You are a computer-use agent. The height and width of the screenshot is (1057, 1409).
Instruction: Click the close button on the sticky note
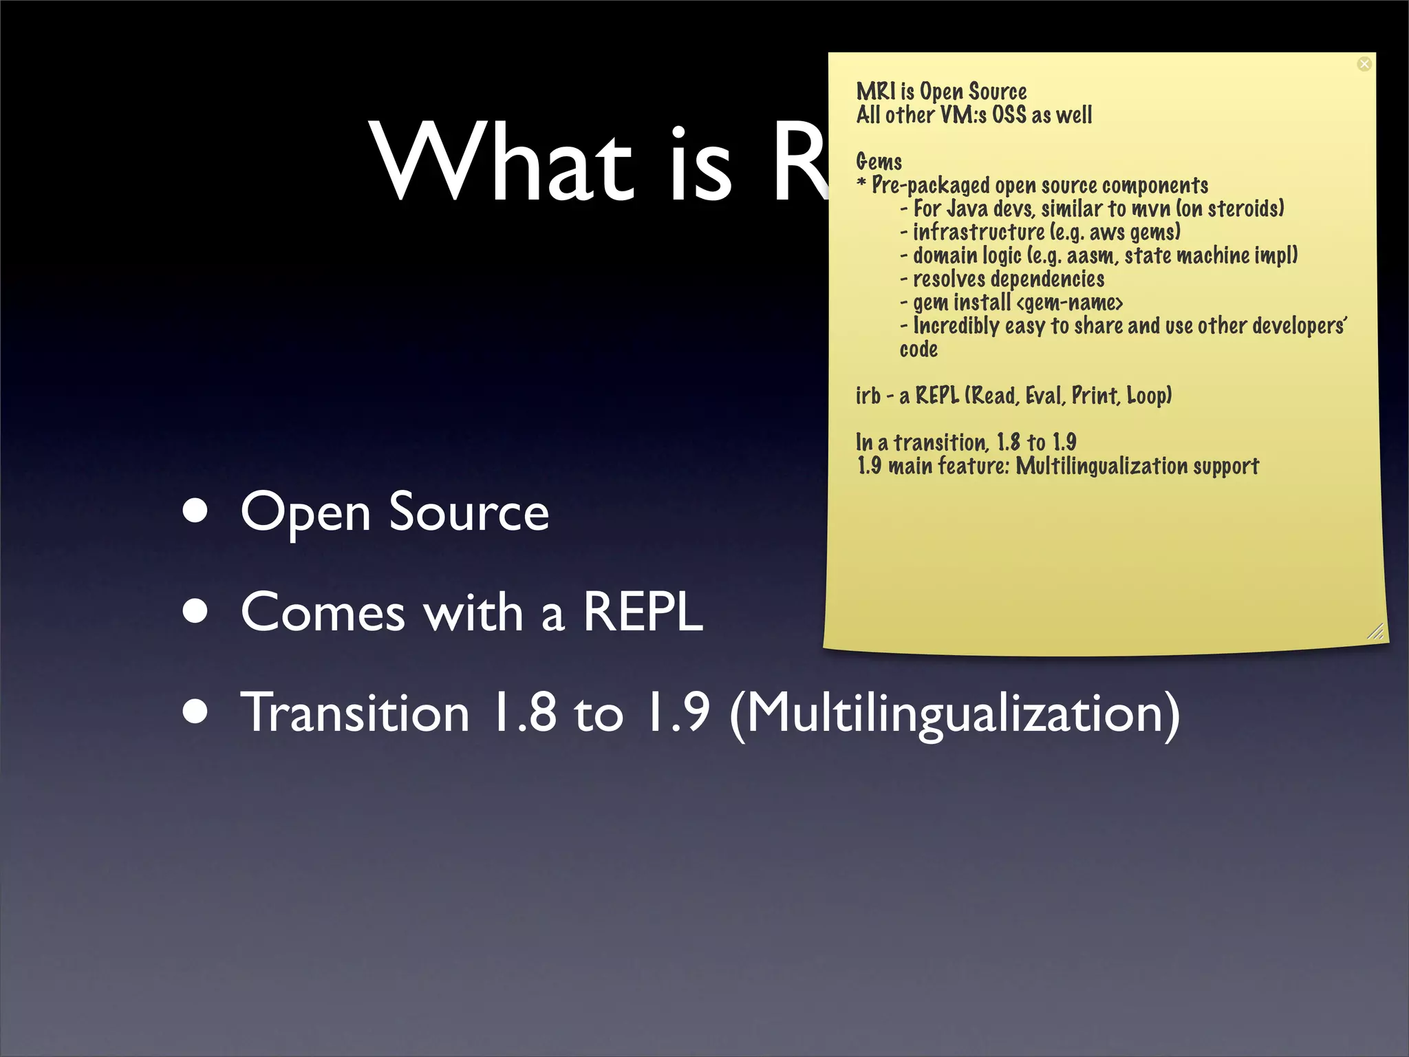[x=1364, y=64]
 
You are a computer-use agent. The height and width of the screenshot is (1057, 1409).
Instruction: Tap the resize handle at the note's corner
[x=1375, y=631]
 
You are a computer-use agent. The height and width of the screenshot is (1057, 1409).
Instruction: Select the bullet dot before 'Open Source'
[x=196, y=512]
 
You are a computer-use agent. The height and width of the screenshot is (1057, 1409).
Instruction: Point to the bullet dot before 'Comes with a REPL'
[x=196, y=612]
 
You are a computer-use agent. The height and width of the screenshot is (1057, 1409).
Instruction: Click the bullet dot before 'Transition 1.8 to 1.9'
[x=196, y=712]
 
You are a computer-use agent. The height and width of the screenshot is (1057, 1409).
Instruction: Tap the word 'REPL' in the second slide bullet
[x=643, y=612]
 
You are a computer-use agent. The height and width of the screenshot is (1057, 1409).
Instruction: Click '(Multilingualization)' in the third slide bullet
[x=954, y=713]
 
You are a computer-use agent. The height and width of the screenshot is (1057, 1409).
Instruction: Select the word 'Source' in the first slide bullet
[x=469, y=512]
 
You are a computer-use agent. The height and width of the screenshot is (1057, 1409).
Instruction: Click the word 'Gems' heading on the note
[x=879, y=162]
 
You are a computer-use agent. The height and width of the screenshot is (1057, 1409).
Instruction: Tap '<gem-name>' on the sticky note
[x=1069, y=302]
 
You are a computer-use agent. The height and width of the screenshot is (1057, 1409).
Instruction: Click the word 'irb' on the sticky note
[x=868, y=396]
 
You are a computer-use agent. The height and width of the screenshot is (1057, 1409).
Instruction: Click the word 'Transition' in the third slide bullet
[x=355, y=713]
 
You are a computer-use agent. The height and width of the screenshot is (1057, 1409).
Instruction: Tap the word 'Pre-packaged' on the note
[x=930, y=186]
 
